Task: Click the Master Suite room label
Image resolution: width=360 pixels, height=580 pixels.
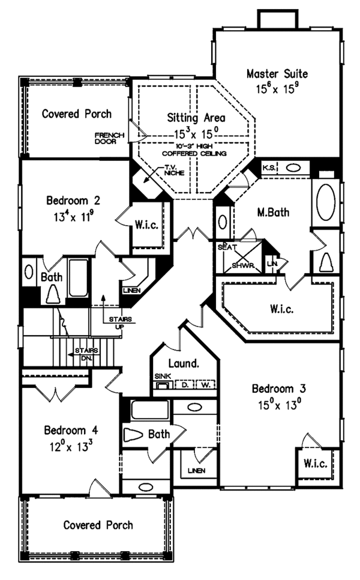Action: [277, 74]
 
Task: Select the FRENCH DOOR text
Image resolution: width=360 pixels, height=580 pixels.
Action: [109, 138]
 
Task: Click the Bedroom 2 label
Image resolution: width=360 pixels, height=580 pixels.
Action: [73, 201]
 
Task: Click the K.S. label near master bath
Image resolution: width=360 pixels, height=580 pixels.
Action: [268, 168]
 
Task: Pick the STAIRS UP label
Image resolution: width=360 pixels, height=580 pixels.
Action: [116, 322]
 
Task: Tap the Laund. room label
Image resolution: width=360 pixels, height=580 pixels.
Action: [184, 363]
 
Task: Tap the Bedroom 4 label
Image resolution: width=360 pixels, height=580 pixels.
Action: [71, 431]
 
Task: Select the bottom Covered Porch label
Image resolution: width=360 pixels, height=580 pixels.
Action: [98, 525]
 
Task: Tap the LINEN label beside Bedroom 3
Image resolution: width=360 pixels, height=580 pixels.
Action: [193, 470]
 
